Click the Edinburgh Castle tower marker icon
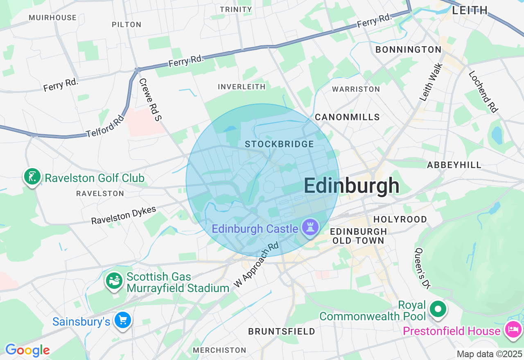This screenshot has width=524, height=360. click(310, 227)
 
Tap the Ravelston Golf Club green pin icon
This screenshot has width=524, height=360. click(32, 177)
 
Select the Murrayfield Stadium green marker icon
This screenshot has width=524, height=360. click(114, 281)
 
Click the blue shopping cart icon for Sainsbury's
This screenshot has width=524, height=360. click(122, 320)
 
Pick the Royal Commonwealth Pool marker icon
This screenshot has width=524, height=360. click(438, 309)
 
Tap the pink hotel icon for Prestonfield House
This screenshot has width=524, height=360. click(513, 329)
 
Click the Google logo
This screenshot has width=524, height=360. click(27, 350)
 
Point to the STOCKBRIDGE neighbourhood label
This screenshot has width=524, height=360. click(279, 144)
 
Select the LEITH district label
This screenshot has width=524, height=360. click(470, 10)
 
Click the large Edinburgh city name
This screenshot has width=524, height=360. click(351, 186)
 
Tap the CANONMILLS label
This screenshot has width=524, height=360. click(347, 117)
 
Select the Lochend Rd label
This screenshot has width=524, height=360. click(483, 92)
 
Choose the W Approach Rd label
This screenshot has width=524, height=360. click(256, 265)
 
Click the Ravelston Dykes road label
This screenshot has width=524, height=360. click(124, 215)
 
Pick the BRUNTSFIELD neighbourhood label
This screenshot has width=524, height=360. click(282, 331)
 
